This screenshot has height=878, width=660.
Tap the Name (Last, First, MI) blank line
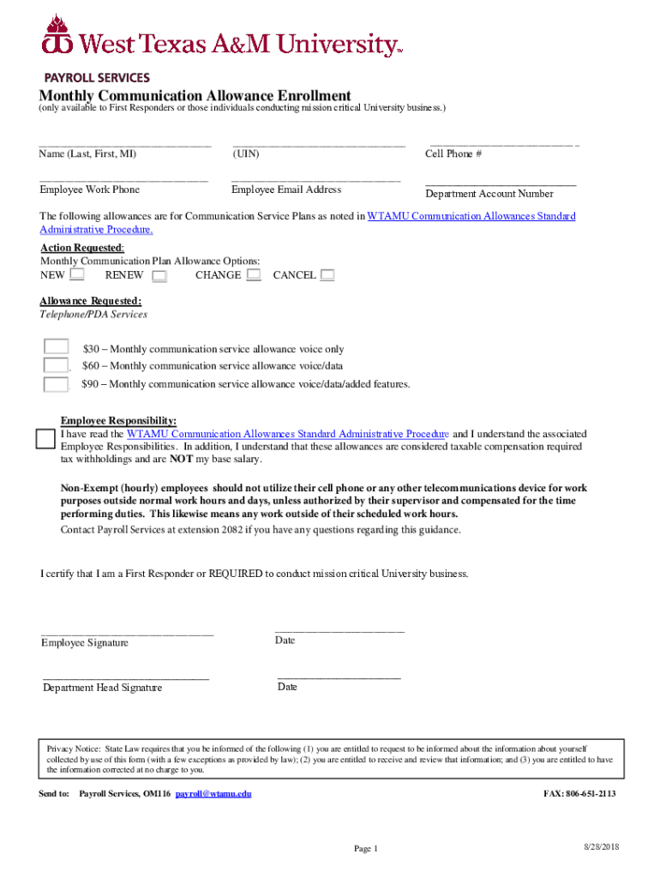(124, 145)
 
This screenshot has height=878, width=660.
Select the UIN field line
(318, 145)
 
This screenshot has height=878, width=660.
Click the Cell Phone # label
(453, 154)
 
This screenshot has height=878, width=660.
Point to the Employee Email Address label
(286, 189)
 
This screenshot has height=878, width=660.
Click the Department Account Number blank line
(501, 183)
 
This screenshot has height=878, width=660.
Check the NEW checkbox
(77, 275)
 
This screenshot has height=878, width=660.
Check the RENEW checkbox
(159, 276)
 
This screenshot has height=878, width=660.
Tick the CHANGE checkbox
(254, 275)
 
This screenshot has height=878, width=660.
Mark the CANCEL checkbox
(327, 275)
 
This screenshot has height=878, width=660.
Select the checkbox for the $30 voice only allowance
(57, 347)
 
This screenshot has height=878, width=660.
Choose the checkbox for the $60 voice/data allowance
(57, 365)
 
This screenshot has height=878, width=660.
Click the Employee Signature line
(127, 634)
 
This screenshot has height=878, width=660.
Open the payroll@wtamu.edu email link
(213, 794)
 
